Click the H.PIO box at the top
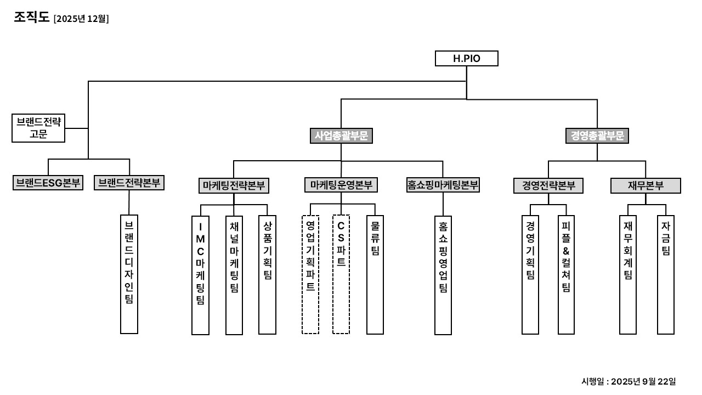466,58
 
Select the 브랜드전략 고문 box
38,128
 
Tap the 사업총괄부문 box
341,136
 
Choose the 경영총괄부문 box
597,136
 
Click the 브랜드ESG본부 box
48,183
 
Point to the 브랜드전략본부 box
129,183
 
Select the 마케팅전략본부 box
234,185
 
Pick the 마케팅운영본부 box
341,185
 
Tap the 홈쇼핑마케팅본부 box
443,185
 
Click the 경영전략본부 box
548,186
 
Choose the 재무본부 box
646,186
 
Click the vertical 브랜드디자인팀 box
129,274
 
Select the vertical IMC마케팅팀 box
200,275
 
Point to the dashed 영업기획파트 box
310,274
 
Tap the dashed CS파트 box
341,274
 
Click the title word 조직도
32,18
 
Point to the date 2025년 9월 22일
643,381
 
